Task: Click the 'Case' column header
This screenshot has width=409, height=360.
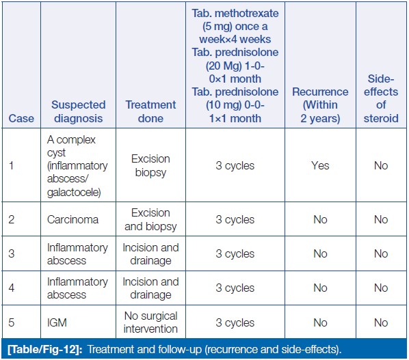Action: [21, 118]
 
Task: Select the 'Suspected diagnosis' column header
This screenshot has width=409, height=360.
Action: [79, 111]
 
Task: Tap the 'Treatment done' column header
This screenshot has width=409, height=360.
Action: [150, 111]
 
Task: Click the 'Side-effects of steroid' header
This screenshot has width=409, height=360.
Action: [381, 98]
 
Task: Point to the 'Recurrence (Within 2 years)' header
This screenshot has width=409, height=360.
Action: [320, 105]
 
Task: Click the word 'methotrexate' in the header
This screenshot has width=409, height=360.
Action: [247, 13]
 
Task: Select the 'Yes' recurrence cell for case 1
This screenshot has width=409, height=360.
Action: [320, 166]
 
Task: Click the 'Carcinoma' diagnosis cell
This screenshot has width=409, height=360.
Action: [72, 219]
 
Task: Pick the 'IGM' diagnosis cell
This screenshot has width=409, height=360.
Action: [57, 322]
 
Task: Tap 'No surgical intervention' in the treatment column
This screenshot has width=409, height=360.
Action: [150, 322]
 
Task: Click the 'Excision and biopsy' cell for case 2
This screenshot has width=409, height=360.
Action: [150, 219]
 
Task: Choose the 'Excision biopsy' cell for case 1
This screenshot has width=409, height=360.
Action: [150, 166]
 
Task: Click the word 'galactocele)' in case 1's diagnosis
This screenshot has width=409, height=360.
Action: [74, 193]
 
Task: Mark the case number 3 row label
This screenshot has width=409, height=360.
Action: [12, 253]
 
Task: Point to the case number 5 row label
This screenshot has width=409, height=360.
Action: [12, 322]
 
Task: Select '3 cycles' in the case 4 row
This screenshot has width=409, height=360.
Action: [235, 288]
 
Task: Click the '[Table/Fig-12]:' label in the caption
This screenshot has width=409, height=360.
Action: [45, 349]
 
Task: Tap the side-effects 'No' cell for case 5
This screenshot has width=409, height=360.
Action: [381, 322]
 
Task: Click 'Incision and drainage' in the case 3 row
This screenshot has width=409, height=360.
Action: [150, 254]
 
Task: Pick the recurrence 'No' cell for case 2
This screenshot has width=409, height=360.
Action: [320, 219]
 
